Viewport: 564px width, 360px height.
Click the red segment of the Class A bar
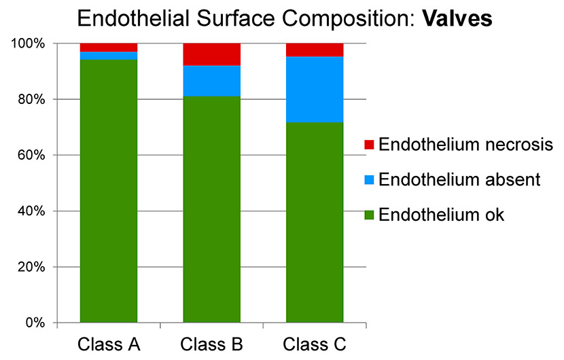109,48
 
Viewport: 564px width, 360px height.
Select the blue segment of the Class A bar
109,56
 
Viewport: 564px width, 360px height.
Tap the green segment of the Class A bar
109,191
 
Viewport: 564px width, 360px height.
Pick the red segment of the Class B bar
212,54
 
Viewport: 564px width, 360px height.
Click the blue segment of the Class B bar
212,81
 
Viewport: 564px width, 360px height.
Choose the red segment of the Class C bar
315,50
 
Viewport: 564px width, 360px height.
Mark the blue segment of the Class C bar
315,90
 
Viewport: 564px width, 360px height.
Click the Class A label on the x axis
109,344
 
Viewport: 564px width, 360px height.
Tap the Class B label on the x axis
212,344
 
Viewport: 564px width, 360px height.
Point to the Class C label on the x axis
315,344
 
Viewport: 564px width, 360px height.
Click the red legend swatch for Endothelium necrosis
370,145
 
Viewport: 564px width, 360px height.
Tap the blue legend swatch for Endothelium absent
370,180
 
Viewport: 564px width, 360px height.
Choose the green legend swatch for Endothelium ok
370,215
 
